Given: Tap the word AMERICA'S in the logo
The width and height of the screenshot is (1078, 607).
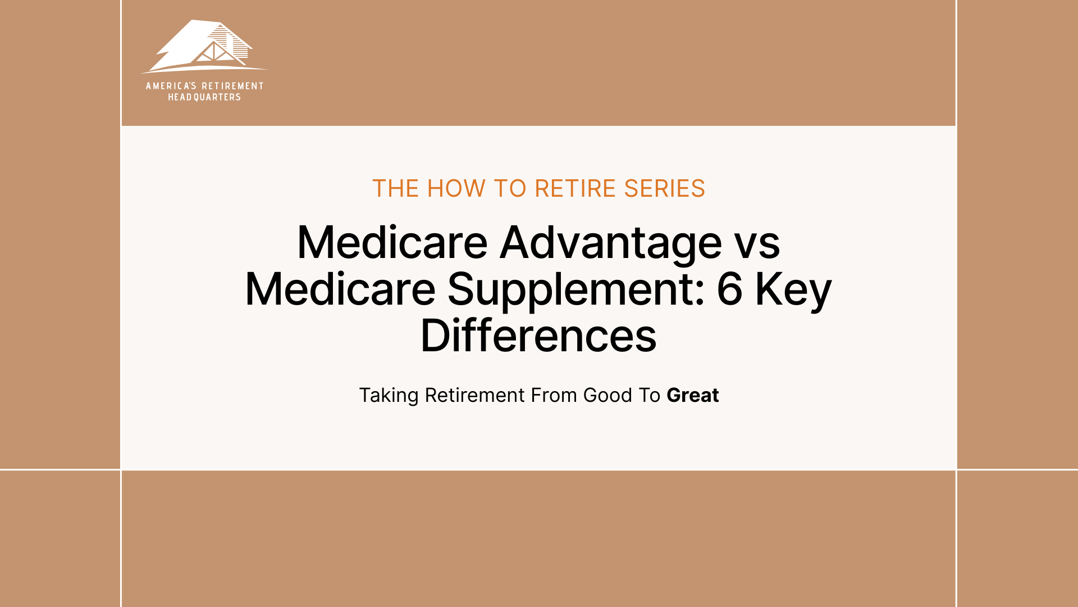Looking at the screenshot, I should click(171, 86).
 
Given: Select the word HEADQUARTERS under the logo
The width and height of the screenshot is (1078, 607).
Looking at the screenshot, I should click(204, 97).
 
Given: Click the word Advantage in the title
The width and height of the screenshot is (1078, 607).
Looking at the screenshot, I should click(611, 243).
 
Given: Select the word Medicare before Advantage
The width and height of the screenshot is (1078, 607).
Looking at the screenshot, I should click(392, 243).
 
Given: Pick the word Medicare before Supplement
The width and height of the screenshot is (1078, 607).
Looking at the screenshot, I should click(340, 289).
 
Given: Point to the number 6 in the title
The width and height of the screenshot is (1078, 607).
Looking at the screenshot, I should click(729, 289).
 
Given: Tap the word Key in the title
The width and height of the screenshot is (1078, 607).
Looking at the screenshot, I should click(793, 289).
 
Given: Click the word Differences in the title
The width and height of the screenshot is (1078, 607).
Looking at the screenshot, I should click(538, 336).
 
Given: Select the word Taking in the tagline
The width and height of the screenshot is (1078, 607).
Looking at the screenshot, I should click(389, 396).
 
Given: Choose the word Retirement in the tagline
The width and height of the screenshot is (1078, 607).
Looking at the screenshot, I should click(475, 396).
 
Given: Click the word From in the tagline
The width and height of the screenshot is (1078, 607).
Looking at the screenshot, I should click(554, 396).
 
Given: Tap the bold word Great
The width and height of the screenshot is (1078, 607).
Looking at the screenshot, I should click(692, 396).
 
